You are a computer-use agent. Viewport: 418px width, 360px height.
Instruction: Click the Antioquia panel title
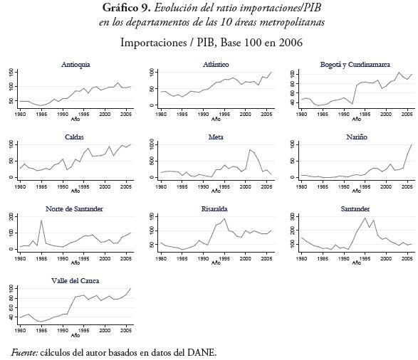[x=75, y=64]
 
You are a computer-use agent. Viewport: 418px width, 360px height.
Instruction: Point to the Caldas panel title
[x=75, y=135]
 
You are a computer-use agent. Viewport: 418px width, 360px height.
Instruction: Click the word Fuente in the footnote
[x=26, y=351]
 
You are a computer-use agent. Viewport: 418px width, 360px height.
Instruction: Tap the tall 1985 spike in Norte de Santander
[x=42, y=221]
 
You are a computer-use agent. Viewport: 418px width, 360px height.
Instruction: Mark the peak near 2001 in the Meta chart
[x=250, y=149]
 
